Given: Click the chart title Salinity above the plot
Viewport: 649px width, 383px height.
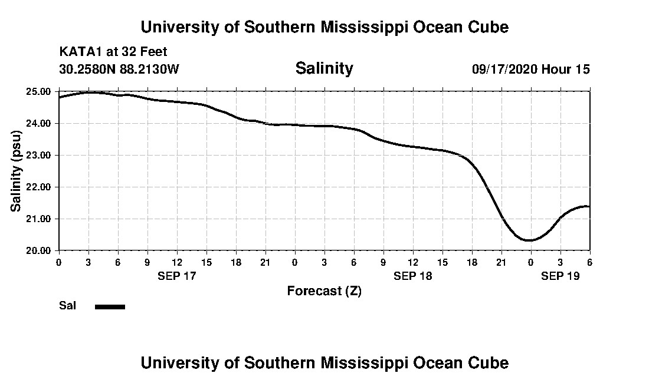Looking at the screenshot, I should coord(324,68).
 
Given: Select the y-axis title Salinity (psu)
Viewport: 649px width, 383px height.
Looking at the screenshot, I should coord(16,171).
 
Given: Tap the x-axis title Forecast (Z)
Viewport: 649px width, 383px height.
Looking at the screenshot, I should coord(324,290).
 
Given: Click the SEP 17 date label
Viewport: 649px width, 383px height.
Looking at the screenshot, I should coord(176,276).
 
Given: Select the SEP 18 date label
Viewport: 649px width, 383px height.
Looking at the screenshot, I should coord(412,276).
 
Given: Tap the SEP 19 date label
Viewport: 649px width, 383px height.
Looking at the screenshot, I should coord(560,276).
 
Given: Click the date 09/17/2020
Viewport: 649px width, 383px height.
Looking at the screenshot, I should coord(504,69).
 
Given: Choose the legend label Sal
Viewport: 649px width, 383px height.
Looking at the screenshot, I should coord(67,306).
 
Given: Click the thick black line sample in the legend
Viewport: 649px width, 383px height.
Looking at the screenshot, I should coord(110,306).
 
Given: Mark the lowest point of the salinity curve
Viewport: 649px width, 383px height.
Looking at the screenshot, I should coord(529,240).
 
